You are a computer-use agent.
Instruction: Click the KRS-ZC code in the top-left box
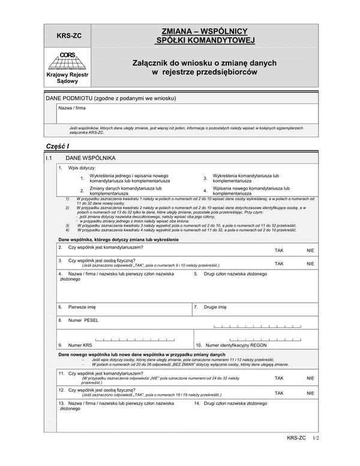click(65, 35)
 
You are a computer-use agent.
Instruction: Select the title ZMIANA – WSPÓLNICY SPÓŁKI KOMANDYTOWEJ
click(205, 35)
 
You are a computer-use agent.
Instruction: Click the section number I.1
click(50, 157)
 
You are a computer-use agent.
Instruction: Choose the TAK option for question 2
click(278, 249)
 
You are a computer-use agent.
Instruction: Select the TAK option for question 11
click(278, 379)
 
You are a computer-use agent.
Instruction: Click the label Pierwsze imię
click(83, 306)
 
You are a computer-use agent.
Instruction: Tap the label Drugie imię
click(215, 306)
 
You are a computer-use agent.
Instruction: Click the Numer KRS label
click(80, 345)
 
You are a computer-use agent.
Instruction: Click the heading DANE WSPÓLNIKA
click(91, 157)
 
